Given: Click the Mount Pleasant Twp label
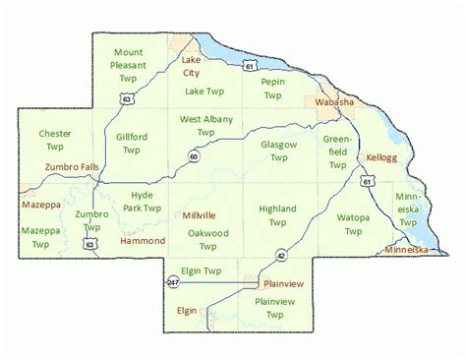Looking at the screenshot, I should coord(128,63).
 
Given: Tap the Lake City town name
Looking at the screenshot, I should coord(191,66).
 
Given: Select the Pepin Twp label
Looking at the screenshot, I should coord(272,90).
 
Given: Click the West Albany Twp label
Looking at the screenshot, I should coord(205,125).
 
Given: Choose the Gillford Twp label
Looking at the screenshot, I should coord(132,144).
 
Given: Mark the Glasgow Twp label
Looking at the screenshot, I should coord(279,150).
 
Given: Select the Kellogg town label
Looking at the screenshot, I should coord(379,157).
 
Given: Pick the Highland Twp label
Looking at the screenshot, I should coord(277,215).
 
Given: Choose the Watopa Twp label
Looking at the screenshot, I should coord(353,223).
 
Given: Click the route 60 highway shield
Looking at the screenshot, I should coord(195,156).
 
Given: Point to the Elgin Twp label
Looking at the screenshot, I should coord(200,270).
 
